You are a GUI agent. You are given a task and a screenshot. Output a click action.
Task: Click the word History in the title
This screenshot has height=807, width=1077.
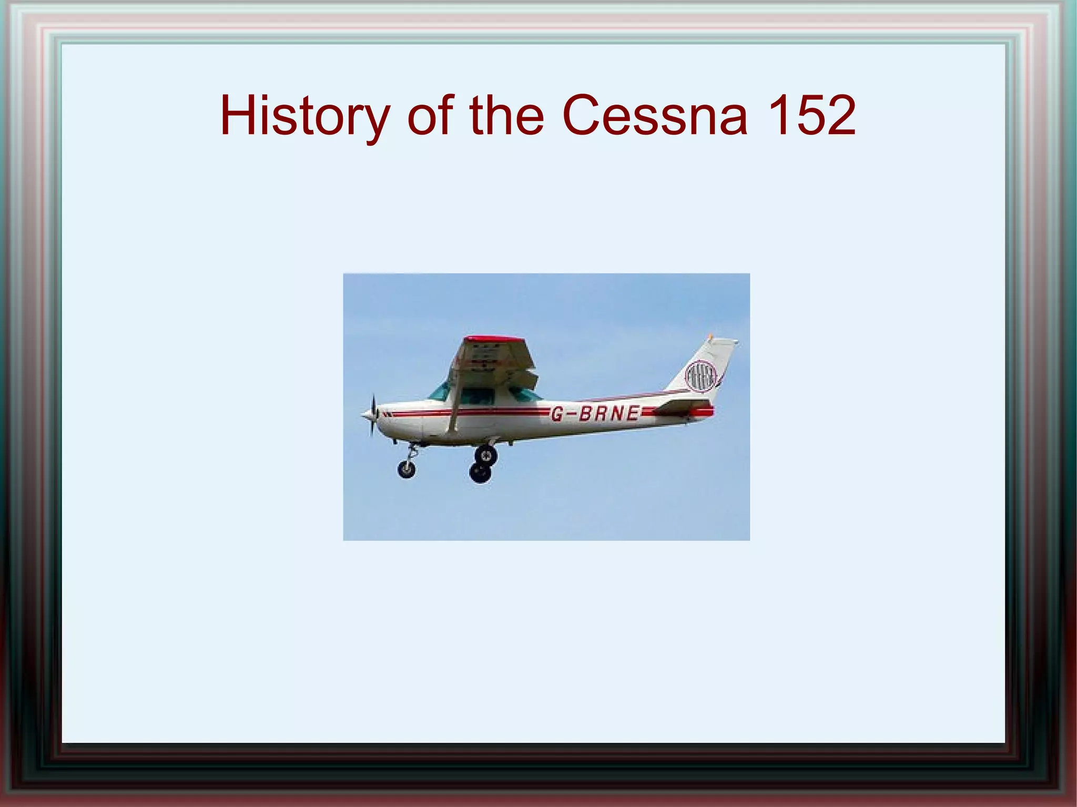point(304,116)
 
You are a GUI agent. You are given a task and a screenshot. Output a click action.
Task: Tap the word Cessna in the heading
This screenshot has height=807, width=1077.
point(654,116)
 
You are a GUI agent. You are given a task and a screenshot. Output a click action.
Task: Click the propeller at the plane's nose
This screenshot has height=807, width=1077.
point(373,415)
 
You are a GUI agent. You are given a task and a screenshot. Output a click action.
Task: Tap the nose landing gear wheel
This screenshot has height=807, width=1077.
point(406,468)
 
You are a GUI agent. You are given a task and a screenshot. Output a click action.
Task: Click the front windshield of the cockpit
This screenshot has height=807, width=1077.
point(440,391)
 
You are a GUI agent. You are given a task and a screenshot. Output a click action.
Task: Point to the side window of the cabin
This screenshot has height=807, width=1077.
point(477,395)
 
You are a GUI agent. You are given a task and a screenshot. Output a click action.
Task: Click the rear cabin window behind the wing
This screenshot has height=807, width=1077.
point(525,395)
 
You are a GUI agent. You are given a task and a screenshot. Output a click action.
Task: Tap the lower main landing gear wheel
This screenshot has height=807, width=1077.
point(480,472)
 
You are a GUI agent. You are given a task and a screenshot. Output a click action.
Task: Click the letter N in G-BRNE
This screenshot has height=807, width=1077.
point(616,414)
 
